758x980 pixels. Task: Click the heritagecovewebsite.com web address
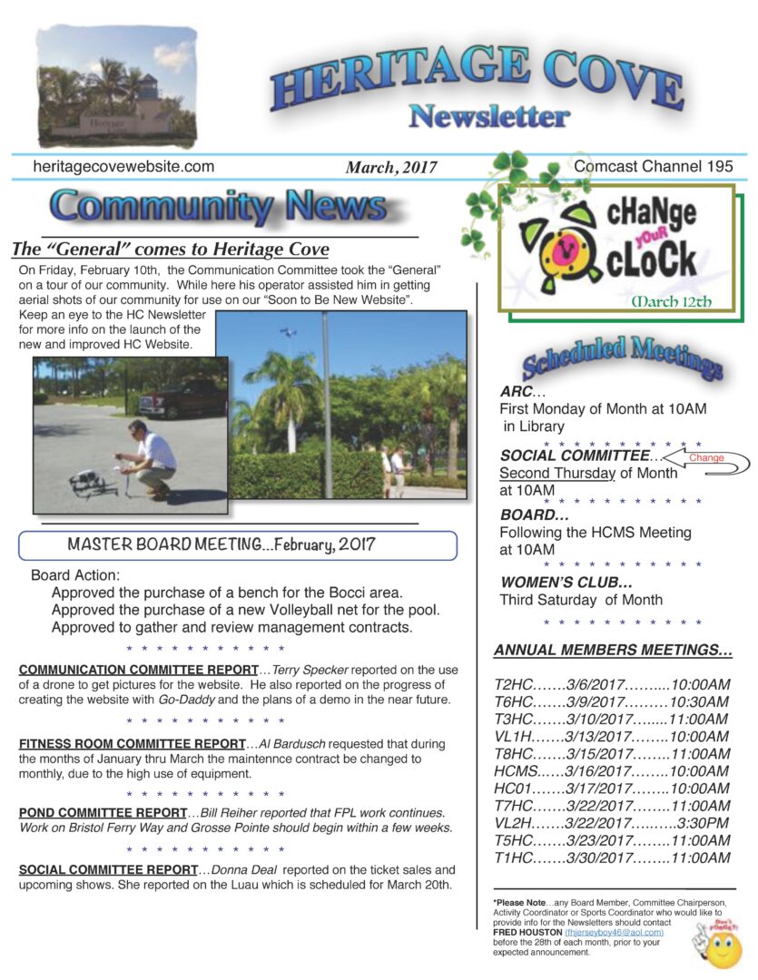[123, 167]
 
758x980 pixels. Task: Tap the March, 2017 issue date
[390, 168]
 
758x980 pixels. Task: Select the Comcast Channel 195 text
[653, 166]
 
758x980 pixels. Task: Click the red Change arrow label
[707, 458]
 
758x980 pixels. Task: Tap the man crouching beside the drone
[151, 457]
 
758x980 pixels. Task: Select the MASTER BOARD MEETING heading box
[237, 545]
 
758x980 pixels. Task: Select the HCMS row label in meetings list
[516, 771]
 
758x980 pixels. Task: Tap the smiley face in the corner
[724, 948]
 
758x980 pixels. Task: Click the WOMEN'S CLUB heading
[566, 582]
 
